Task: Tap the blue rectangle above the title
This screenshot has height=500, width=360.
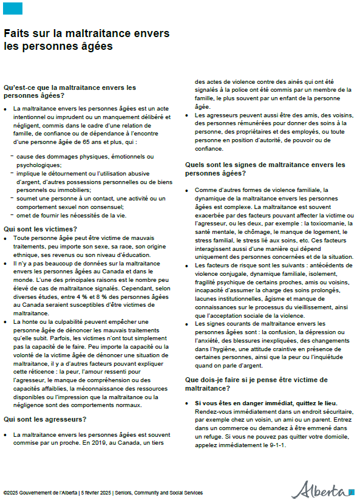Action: tap(13, 9)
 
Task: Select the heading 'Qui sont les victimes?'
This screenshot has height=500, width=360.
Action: tap(41, 229)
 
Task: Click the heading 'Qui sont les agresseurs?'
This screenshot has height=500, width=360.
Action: tap(45, 419)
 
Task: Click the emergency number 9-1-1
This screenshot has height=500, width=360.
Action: tap(276, 445)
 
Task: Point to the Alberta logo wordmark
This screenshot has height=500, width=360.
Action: tap(319, 489)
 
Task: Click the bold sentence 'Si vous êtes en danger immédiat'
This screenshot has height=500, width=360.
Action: tap(265, 404)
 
